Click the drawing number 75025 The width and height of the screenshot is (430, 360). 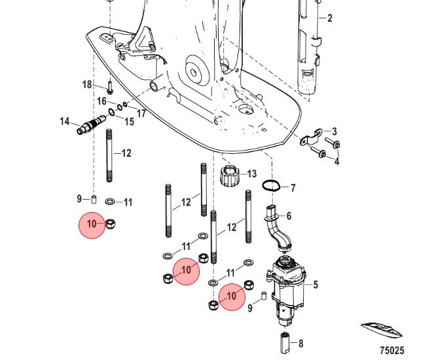click(392, 350)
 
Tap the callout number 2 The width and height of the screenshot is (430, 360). click(329, 18)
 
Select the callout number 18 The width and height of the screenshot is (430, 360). click(87, 84)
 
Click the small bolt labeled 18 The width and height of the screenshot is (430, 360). click(110, 87)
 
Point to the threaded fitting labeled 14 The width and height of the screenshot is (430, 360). click(91, 124)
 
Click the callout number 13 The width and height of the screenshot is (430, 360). click(251, 174)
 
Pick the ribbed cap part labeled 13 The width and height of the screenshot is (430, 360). click(230, 175)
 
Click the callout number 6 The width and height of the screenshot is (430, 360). click(289, 216)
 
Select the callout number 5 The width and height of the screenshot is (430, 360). click(315, 285)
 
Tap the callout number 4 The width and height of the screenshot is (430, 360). click(336, 162)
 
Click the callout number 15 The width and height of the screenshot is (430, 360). click(129, 122)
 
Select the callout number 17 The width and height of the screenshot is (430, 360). click(141, 113)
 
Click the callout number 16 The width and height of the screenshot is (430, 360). click(101, 101)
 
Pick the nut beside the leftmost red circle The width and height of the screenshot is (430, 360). click(110, 225)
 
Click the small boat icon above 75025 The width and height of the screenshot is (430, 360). click(381, 330)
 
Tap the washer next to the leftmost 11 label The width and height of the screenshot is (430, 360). click(110, 202)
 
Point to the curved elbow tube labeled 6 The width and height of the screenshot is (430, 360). click(277, 228)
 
